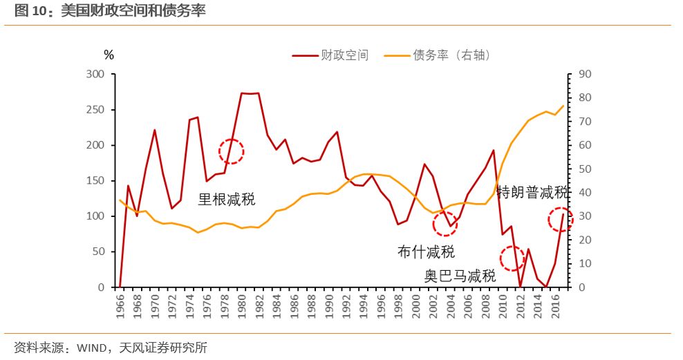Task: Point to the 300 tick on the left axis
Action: click(96, 75)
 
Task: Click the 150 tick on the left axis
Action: click(96, 181)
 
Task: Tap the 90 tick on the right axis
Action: click(585, 75)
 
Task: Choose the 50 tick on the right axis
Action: click(585, 169)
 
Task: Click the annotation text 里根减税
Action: click(227, 200)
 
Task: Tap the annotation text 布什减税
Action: click(427, 252)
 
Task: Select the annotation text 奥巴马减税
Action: click(460, 276)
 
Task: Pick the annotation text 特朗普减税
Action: click(533, 193)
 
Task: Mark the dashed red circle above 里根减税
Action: click(232, 151)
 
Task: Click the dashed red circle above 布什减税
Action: click(445, 223)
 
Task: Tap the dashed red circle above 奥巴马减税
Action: click(512, 258)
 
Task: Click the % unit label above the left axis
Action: click(109, 55)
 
